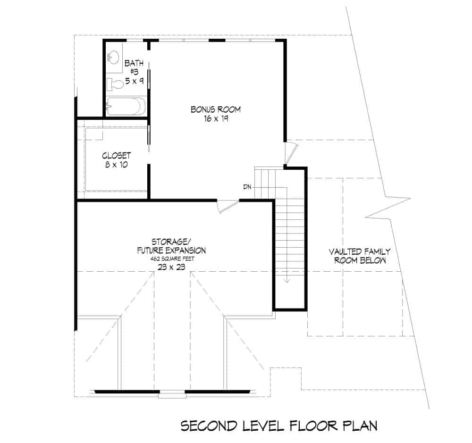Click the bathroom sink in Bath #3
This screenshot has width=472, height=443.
(113, 58)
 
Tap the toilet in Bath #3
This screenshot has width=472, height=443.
(115, 85)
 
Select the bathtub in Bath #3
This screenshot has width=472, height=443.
(126, 107)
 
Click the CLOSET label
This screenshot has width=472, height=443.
(116, 155)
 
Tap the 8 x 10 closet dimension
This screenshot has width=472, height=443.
(116, 165)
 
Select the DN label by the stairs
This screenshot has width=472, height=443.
(247, 187)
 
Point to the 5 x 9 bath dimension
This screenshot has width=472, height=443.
(134, 81)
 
